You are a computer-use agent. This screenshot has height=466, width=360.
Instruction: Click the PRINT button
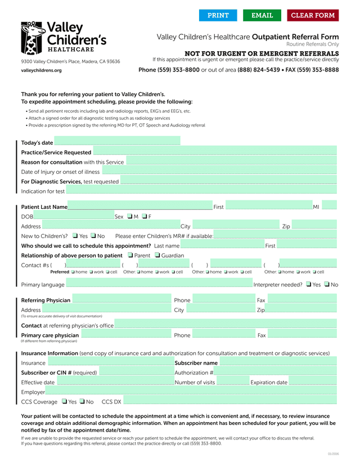[x=218, y=15]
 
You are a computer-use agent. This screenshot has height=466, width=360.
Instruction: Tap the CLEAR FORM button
[x=313, y=15]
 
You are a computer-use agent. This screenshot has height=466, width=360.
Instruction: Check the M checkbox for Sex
[x=130, y=217]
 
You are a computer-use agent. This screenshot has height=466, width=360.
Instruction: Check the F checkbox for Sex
[x=145, y=217]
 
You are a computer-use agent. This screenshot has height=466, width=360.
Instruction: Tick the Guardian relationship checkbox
[x=157, y=256]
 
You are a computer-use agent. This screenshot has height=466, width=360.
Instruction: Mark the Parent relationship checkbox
[x=130, y=256]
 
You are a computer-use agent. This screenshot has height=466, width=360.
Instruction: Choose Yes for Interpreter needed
[x=309, y=284]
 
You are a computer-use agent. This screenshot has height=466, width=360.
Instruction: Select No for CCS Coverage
[x=82, y=401]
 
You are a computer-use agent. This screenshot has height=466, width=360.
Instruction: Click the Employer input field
[x=191, y=392]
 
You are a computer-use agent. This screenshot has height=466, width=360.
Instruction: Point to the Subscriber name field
[x=278, y=363]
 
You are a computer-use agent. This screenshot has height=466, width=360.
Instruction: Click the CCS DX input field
[x=230, y=401]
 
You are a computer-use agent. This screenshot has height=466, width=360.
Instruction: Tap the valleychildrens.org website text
[x=41, y=70]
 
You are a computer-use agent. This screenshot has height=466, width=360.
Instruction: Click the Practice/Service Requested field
[x=214, y=152]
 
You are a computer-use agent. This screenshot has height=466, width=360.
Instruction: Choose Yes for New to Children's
[x=75, y=236]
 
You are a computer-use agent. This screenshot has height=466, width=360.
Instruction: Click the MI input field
[x=329, y=207]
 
